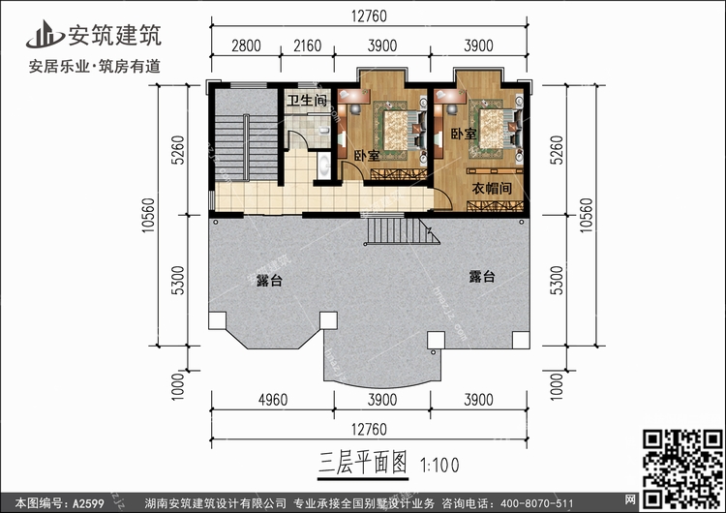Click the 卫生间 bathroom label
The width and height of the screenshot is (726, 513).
click(x=305, y=102)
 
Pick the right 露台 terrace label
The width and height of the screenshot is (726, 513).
click(x=482, y=277)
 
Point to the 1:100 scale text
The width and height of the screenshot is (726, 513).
click(x=440, y=465)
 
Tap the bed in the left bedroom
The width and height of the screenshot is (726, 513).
click(x=398, y=128)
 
